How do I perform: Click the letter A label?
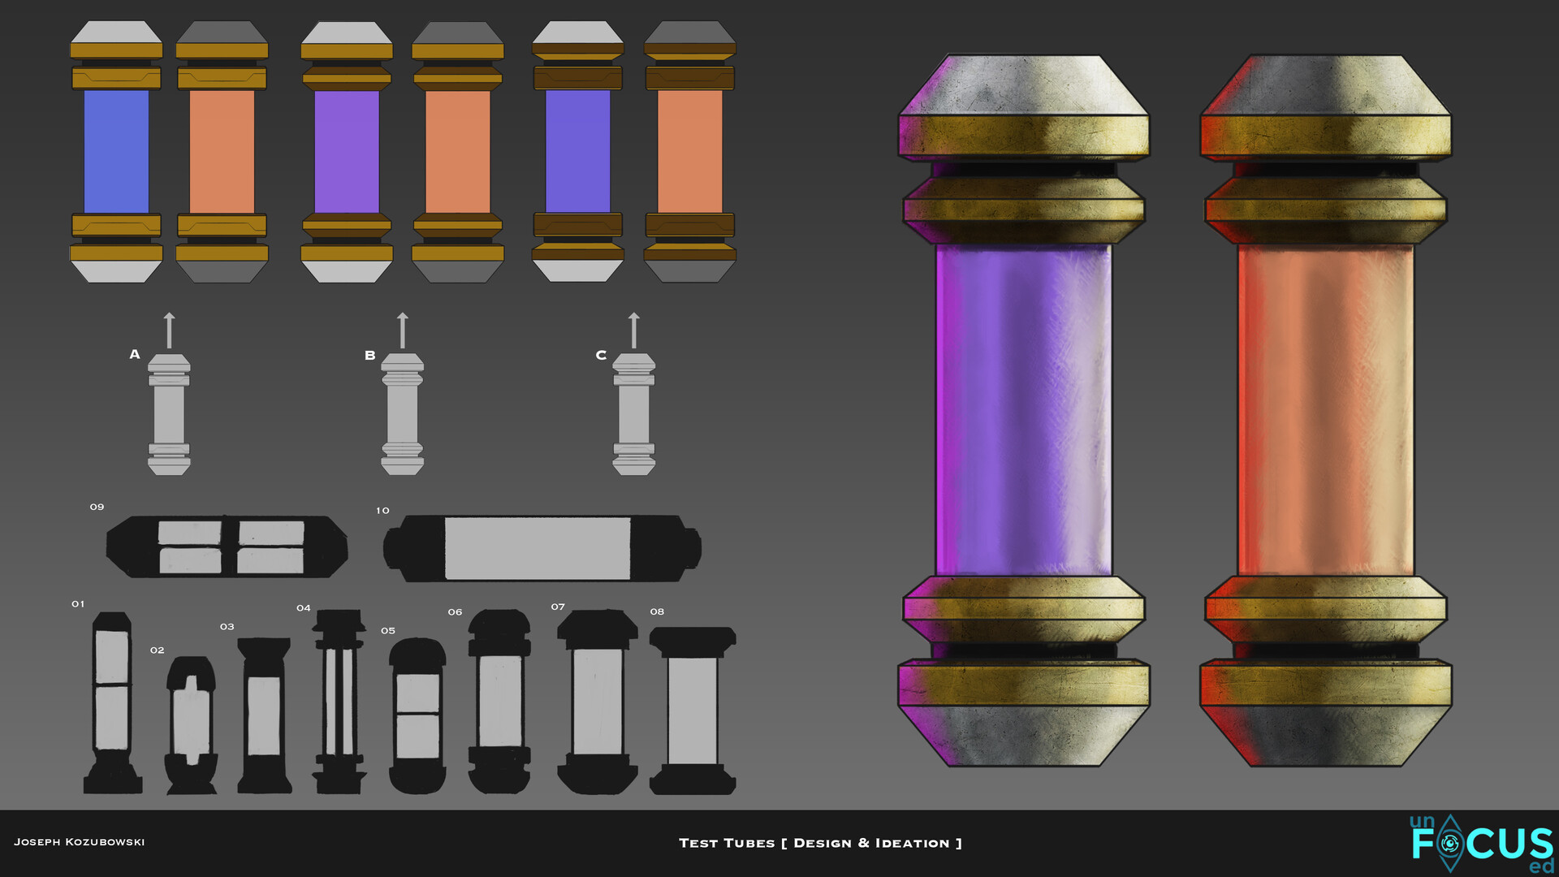[135, 354]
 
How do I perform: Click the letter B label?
[370, 355]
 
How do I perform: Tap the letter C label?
[601, 355]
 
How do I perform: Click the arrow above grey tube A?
[169, 330]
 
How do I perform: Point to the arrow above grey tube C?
[634, 330]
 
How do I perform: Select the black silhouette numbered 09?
[227, 547]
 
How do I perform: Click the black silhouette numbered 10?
[542, 548]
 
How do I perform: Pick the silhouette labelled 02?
[192, 724]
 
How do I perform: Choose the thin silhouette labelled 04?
[339, 702]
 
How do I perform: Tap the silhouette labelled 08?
[693, 711]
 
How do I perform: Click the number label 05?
[388, 631]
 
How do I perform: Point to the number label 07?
[558, 607]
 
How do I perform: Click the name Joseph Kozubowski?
[80, 842]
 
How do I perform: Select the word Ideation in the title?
[912, 843]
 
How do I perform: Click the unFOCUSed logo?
[1482, 844]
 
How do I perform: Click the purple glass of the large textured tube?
[1023, 410]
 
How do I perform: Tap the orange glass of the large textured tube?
[1325, 410]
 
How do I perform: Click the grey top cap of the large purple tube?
[1023, 85]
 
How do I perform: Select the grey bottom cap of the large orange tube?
[1325, 735]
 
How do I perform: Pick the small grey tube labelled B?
[403, 414]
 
